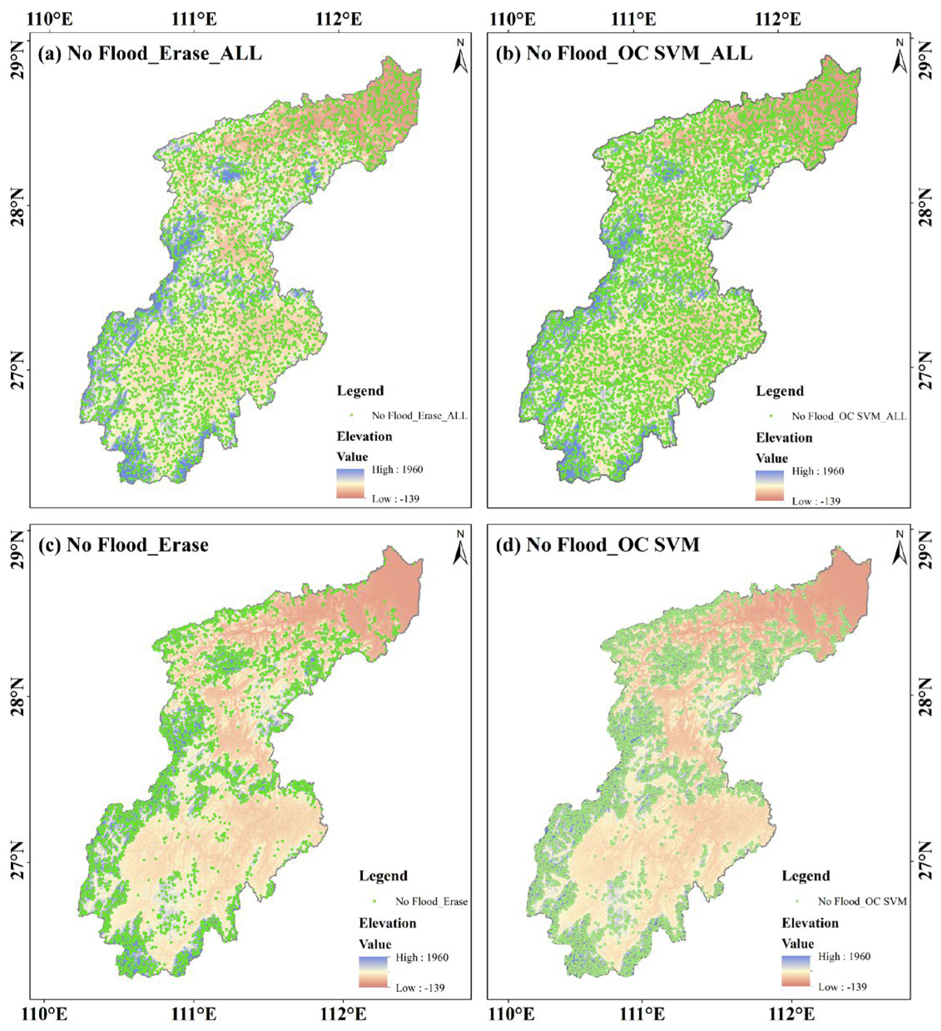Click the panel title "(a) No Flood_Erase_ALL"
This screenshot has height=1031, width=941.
click(x=149, y=53)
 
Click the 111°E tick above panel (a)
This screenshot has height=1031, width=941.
click(x=194, y=20)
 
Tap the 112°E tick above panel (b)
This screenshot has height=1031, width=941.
click(x=778, y=20)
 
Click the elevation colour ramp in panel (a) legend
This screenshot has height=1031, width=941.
click(x=350, y=483)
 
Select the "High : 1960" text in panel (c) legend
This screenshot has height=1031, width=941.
click(x=422, y=957)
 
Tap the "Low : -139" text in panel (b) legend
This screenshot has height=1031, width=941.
click(x=816, y=501)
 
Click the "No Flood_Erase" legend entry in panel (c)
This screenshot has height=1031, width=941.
click(x=431, y=901)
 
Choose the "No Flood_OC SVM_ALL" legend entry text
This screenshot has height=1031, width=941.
click(x=848, y=416)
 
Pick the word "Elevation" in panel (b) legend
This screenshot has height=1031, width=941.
click(x=784, y=438)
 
